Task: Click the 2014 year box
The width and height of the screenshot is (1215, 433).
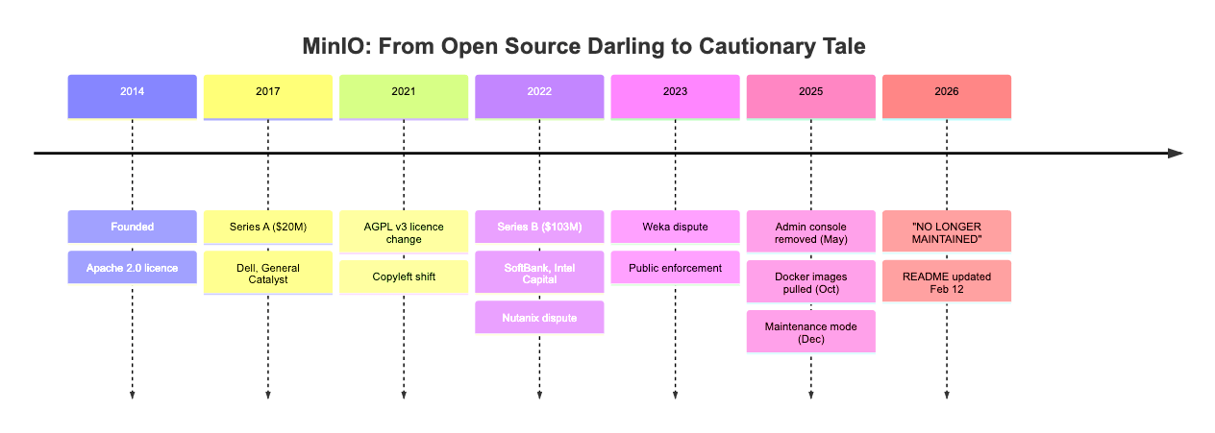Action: (x=132, y=96)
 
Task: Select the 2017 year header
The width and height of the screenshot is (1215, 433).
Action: (x=268, y=96)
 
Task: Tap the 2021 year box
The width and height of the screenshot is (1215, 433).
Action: (x=404, y=96)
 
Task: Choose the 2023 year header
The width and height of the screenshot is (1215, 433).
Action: (x=676, y=96)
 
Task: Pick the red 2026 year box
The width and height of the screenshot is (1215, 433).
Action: (x=947, y=96)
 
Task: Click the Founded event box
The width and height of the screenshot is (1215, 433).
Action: (x=132, y=227)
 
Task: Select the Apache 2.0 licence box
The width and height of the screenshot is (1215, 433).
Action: (x=132, y=268)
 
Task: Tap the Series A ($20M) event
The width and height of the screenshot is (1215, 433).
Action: (x=268, y=227)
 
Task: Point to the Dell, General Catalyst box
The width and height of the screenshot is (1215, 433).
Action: (x=268, y=276)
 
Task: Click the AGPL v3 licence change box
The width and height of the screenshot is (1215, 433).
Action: (x=404, y=232)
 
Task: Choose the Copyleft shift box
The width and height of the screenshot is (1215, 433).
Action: (x=404, y=276)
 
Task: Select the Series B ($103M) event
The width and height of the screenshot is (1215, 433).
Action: (x=539, y=227)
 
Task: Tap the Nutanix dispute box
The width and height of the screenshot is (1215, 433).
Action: (x=539, y=318)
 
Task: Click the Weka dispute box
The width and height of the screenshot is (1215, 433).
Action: (x=676, y=227)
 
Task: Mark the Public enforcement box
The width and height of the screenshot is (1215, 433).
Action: (x=676, y=268)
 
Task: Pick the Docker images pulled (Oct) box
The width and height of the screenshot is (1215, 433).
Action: (x=811, y=282)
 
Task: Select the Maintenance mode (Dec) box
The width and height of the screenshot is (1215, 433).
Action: (x=811, y=332)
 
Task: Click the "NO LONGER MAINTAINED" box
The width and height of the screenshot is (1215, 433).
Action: (x=947, y=232)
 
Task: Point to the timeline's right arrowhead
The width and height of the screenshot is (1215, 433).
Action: (x=1175, y=153)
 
